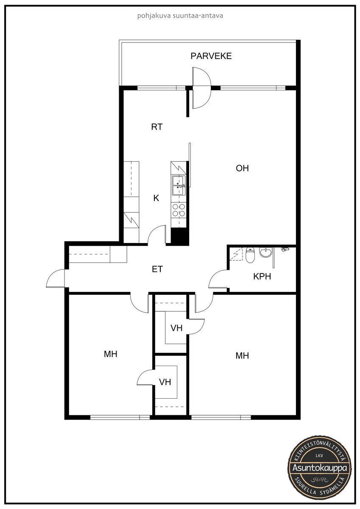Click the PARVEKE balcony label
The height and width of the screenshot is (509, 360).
coord(211,56)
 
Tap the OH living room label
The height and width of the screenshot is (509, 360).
coord(243,168)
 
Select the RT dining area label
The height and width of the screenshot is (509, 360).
coord(157,127)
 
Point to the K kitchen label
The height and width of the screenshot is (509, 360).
coord(156,198)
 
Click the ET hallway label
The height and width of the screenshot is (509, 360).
coord(157,269)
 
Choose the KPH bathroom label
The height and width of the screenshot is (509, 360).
coord(262,276)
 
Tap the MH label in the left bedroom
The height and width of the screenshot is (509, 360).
coord(111,354)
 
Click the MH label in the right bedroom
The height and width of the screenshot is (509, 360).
coord(243,355)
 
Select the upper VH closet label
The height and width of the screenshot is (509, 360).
coord(176,328)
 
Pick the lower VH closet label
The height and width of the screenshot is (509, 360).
coord(165,382)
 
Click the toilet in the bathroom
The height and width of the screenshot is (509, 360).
coord(250,255)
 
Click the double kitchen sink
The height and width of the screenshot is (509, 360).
coord(179,185)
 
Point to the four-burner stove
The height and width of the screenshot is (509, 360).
coord(179,210)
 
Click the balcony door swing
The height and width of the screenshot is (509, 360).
coord(202,88)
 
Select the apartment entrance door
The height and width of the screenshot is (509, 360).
coord(56,278)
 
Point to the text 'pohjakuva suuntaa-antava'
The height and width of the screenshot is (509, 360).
coord(180,16)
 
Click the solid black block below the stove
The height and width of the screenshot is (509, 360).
coord(180,236)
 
